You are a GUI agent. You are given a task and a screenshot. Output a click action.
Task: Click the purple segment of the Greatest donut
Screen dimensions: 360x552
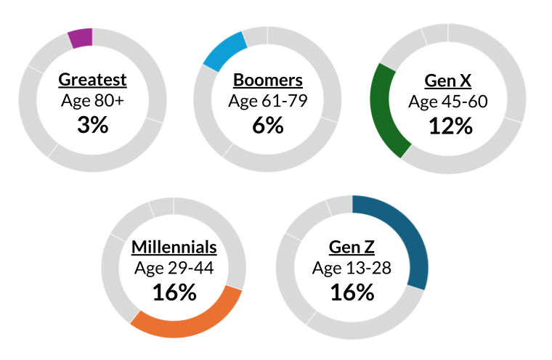[x=80, y=38]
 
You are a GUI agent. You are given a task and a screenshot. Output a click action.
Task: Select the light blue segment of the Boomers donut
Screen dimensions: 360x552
[x=224, y=51]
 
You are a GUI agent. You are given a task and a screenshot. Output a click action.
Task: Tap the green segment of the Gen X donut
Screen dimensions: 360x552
[x=382, y=109]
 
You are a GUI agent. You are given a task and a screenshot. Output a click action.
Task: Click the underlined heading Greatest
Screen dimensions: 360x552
[x=92, y=80]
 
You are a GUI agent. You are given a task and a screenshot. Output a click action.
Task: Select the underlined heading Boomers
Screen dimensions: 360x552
[x=267, y=80]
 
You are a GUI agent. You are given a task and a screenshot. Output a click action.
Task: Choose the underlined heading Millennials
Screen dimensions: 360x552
[x=174, y=247]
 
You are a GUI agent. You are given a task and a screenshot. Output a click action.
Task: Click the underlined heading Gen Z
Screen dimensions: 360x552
[x=352, y=247]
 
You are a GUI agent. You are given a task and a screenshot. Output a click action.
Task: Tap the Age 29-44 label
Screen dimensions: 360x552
[x=174, y=269]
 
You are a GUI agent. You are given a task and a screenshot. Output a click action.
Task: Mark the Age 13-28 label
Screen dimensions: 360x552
[x=352, y=269]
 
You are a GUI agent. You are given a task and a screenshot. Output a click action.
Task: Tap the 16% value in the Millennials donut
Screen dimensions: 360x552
[x=174, y=292]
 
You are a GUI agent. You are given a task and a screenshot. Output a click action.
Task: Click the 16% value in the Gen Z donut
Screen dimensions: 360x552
[x=352, y=292]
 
